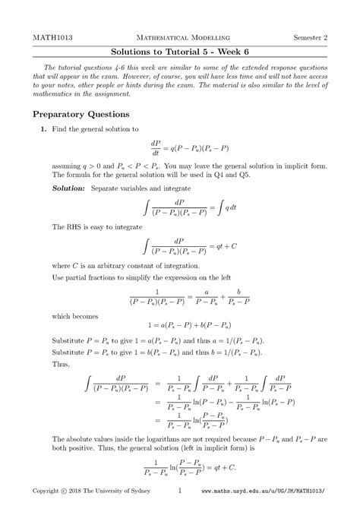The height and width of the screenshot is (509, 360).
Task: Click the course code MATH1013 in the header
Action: coord(47,37)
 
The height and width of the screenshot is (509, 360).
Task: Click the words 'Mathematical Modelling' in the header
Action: coord(179,37)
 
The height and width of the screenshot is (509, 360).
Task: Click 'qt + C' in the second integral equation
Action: coord(228,246)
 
